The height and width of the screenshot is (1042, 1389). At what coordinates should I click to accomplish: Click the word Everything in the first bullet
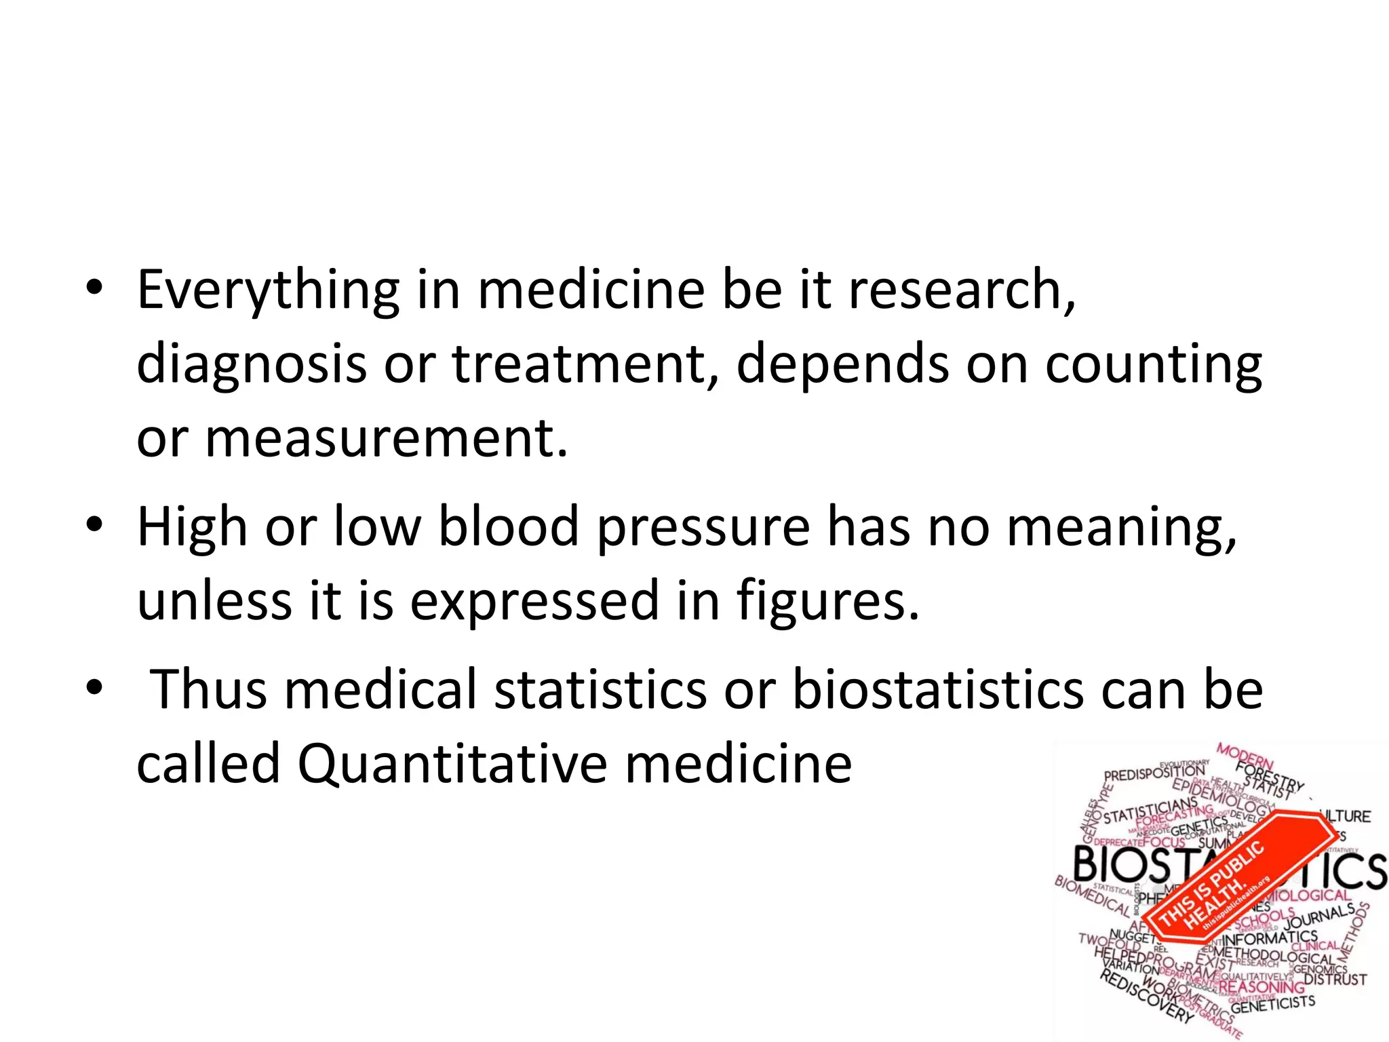[268, 290]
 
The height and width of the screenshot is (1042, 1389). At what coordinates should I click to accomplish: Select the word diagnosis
[252, 364]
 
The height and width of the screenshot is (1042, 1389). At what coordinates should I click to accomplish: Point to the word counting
[1153, 364]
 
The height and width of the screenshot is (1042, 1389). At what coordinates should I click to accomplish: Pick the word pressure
[703, 528]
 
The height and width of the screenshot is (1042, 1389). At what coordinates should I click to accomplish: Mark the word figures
[827, 601]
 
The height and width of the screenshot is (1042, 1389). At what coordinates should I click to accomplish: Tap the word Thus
[208, 690]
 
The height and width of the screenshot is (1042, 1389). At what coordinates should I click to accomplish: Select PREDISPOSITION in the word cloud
[1154, 773]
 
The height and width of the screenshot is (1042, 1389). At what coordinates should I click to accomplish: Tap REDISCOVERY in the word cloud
[1146, 998]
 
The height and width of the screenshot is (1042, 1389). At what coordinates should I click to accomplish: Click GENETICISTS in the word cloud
[1272, 1004]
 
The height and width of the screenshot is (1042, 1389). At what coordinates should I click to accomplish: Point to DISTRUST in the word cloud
[1335, 980]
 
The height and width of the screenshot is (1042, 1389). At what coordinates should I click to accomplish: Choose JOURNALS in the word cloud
[1318, 916]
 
